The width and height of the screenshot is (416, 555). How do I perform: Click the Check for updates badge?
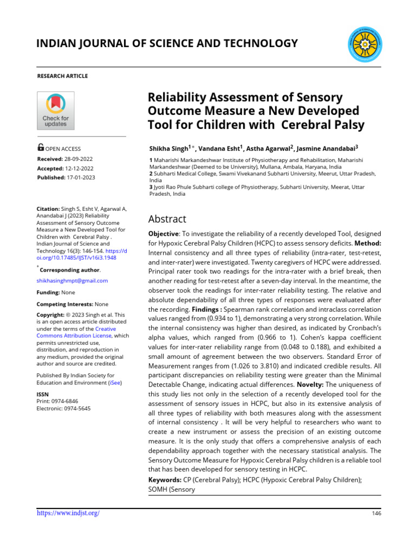(x=55, y=111)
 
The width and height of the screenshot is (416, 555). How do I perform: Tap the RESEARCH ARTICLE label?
(x=62, y=76)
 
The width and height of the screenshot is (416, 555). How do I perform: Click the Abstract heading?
(x=167, y=219)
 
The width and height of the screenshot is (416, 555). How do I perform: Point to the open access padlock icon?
(x=41, y=147)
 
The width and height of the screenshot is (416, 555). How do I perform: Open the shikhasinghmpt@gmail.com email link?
(x=72, y=280)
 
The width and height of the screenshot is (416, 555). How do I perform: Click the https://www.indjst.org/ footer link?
(x=68, y=513)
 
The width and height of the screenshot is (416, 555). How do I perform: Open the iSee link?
(x=114, y=382)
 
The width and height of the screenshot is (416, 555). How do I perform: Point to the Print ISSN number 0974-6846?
(x=68, y=402)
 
